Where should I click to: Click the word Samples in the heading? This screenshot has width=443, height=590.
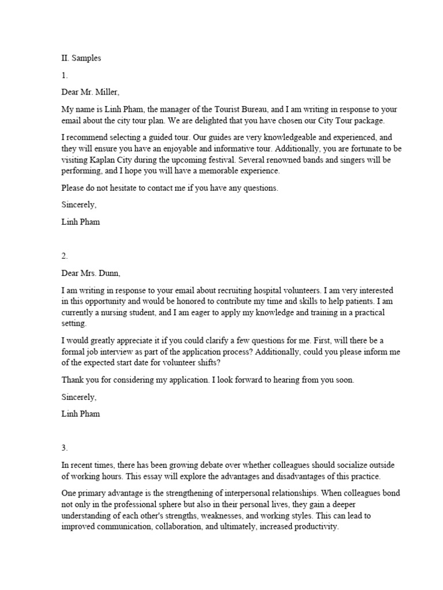pos(87,59)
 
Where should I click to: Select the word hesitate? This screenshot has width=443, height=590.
pos(122,188)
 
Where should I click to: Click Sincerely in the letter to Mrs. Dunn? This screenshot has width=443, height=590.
pos(79,397)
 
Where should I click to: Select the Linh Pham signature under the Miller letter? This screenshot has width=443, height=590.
pos(81,222)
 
